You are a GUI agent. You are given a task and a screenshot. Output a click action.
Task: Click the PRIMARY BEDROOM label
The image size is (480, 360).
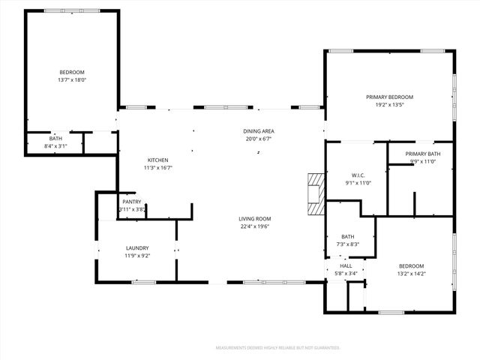pos(389,97)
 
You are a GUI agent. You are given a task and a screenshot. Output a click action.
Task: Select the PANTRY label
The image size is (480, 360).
pos(131,202)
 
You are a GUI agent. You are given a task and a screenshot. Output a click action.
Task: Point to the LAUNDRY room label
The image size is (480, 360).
pos(137,248)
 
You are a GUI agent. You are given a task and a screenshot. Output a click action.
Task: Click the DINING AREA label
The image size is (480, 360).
pos(257,130)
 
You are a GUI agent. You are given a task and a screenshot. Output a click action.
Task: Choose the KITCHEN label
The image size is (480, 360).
pos(157,160)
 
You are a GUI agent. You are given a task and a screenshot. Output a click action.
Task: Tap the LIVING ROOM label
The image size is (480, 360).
pos(255,218)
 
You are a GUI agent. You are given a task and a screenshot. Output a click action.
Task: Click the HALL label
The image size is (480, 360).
pos(346,265)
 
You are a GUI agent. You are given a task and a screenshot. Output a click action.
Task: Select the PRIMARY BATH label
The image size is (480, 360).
pos(423,154)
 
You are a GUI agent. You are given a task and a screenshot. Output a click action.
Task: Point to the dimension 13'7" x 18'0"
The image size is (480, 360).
pos(72,79)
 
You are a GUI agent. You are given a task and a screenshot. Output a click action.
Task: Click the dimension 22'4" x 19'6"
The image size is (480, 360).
pos(255,226)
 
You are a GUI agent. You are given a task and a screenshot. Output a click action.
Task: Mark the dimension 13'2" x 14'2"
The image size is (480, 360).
pos(411,274)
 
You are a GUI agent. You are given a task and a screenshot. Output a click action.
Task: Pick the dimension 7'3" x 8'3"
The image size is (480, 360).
pos(348,244)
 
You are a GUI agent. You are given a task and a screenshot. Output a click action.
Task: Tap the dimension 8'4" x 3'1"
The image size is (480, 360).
pos(56,146)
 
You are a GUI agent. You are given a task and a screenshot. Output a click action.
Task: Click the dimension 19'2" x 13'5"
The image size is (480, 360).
pos(389,105)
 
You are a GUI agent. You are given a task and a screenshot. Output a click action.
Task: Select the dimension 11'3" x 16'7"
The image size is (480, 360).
pos(157,168)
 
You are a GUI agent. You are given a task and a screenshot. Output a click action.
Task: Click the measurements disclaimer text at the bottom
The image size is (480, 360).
pos(277,348)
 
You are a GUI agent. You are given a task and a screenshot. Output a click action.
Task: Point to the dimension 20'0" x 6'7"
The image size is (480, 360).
pos(257,139)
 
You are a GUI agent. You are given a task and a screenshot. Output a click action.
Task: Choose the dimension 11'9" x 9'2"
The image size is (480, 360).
pos(137,256)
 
